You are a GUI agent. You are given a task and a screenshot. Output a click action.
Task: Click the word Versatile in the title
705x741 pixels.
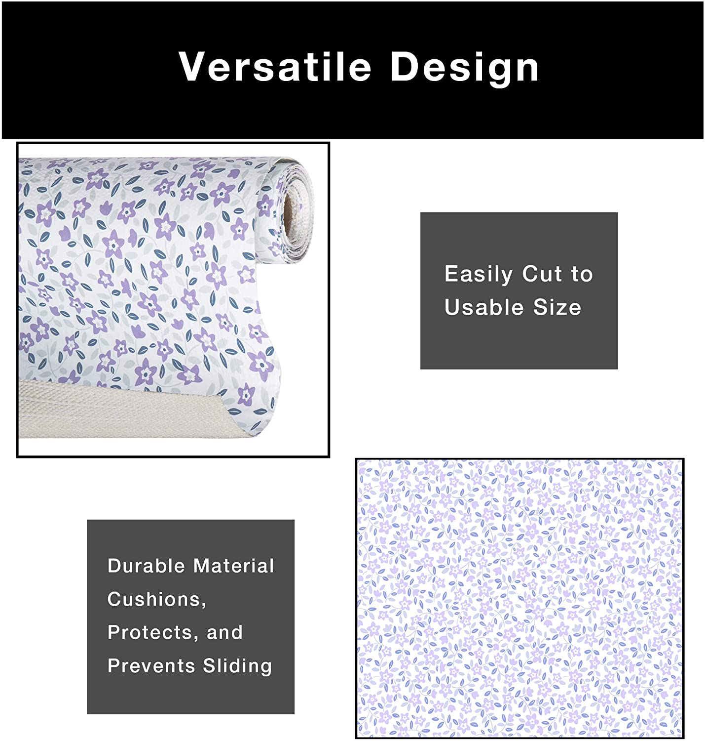pyautogui.click(x=275, y=66)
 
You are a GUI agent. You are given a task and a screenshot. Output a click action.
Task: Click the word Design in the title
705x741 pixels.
pyautogui.click(x=465, y=68)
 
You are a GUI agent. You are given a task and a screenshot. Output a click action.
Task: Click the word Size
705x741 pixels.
pyautogui.click(x=557, y=307)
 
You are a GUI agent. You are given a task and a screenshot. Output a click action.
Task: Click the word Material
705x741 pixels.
pyautogui.click(x=234, y=566)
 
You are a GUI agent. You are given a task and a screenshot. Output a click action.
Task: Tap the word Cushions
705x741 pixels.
pyautogui.click(x=155, y=599)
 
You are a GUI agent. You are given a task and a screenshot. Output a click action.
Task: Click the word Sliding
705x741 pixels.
pyautogui.click(x=237, y=666)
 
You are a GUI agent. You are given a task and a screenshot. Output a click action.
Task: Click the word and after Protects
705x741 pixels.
pyautogui.click(x=224, y=632)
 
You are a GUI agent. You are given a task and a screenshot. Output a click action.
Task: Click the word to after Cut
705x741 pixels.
pyautogui.click(x=582, y=274)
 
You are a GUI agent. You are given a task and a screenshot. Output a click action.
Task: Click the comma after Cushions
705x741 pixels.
pyautogui.click(x=204, y=605)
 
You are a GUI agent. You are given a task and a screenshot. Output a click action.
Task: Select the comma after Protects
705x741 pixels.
pyautogui.click(x=195, y=638)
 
